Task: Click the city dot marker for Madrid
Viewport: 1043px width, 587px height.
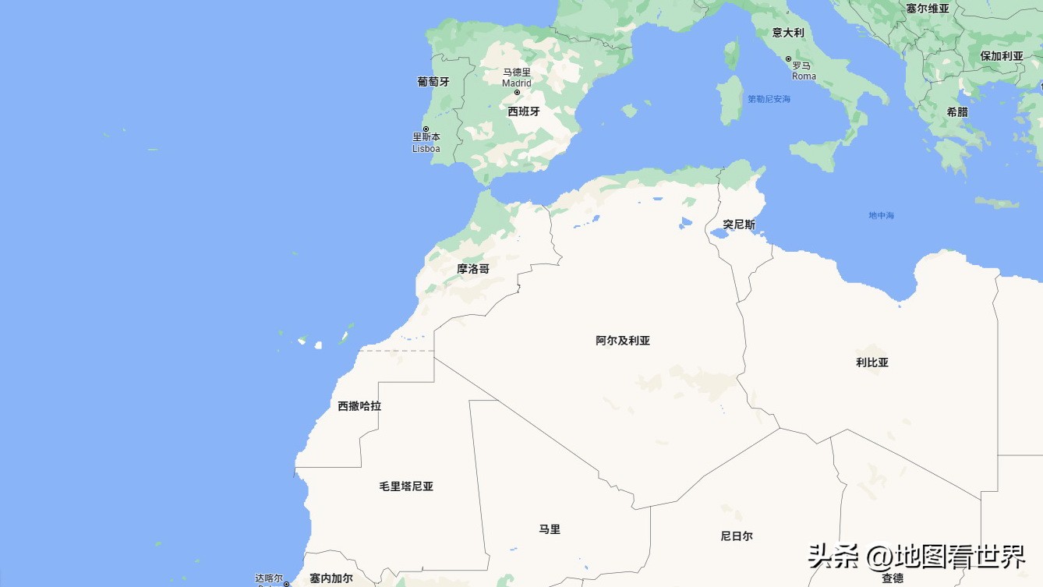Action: [x=517, y=92]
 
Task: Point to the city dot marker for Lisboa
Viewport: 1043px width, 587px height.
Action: [x=426, y=129]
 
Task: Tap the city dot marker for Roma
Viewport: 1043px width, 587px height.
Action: [x=788, y=59]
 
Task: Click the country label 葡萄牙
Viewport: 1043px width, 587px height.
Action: [x=433, y=81]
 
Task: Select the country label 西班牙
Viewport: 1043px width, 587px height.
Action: [x=524, y=111]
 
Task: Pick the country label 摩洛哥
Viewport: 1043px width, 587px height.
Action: [x=473, y=268]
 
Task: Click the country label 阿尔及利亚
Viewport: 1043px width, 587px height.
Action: [x=623, y=341]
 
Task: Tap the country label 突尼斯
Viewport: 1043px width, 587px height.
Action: [x=738, y=225]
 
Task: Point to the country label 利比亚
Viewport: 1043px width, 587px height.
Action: [x=872, y=362]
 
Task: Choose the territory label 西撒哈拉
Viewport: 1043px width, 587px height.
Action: [x=359, y=406]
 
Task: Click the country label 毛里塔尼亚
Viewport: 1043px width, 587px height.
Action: [x=406, y=486]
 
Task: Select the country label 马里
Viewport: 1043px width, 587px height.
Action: [x=550, y=529]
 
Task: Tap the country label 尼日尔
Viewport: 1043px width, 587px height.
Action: [x=737, y=536]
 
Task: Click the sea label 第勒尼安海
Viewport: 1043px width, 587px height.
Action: [x=769, y=99]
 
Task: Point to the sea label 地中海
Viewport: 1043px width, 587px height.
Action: [x=882, y=215]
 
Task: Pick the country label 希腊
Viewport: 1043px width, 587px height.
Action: [x=957, y=111]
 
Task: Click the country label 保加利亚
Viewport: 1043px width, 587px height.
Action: [x=1002, y=56]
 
